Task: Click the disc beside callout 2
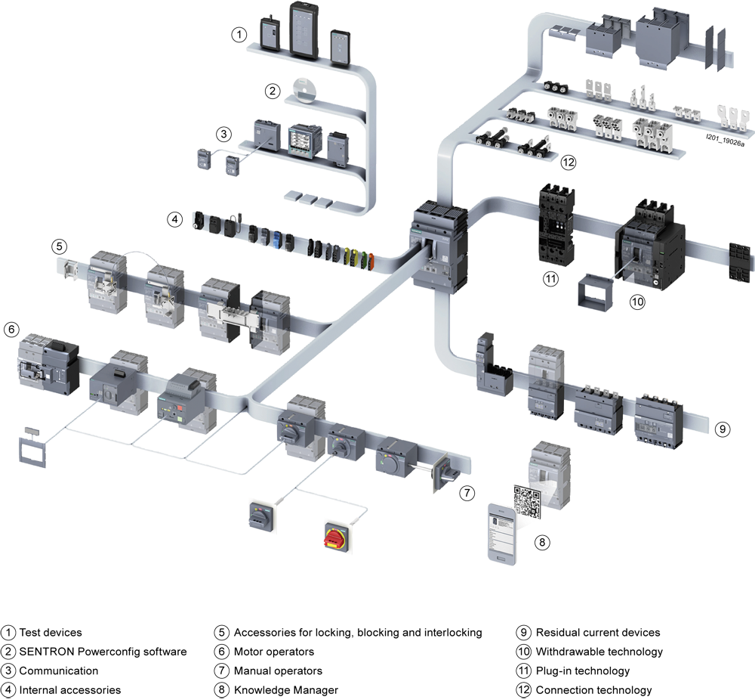tap(305, 89)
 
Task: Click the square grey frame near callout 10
tap(593, 294)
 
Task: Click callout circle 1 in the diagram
tap(239, 34)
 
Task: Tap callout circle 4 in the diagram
tap(174, 220)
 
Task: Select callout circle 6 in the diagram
tap(11, 329)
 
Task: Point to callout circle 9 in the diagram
tap(723, 429)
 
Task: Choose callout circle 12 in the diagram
tap(568, 162)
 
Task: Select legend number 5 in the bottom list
tap(221, 632)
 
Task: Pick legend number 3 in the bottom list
tap(8, 670)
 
